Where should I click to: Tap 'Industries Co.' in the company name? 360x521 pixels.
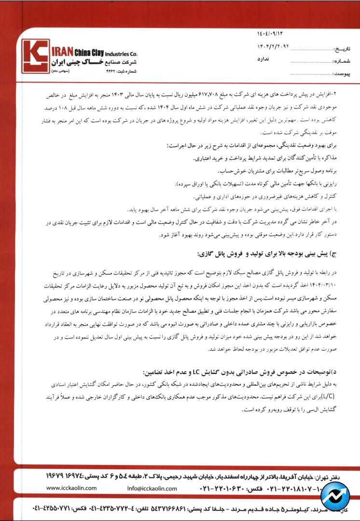click(x=121, y=54)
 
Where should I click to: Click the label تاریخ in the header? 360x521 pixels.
click(x=344, y=49)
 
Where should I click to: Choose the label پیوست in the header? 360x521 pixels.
click(x=344, y=74)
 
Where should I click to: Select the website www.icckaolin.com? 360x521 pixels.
click(x=73, y=488)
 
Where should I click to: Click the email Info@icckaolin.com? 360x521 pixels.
click(x=152, y=488)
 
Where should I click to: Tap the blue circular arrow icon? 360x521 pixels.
click(x=335, y=496)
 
